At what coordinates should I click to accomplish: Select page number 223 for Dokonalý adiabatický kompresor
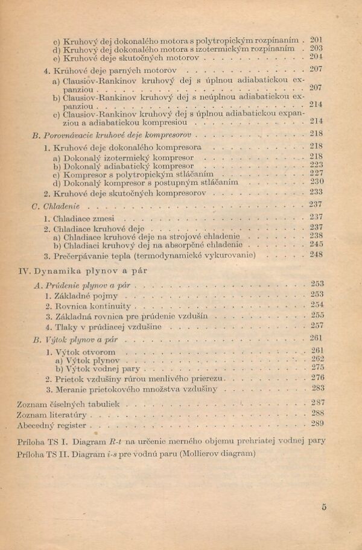(317, 164)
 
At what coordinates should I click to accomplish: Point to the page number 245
(317, 244)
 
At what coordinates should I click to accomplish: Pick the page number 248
(317, 254)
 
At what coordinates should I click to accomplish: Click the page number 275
(318, 367)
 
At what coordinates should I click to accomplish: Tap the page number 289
(318, 424)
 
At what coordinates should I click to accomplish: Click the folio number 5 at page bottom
(324, 507)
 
